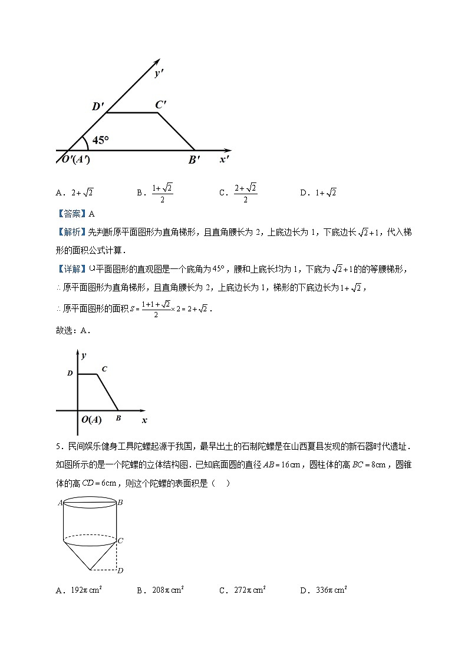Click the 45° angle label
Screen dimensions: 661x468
[101, 140]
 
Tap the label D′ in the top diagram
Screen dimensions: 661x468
[98, 107]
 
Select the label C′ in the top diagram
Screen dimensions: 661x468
[161, 105]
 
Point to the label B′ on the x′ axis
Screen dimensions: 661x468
[195, 160]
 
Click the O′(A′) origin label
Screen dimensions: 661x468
[72, 160]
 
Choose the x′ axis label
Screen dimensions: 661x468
[225, 159]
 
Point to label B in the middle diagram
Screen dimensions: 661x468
[118, 418]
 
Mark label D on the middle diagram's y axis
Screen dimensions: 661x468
[70, 373]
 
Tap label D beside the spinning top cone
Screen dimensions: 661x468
[120, 570]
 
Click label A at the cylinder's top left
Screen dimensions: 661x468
[60, 503]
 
